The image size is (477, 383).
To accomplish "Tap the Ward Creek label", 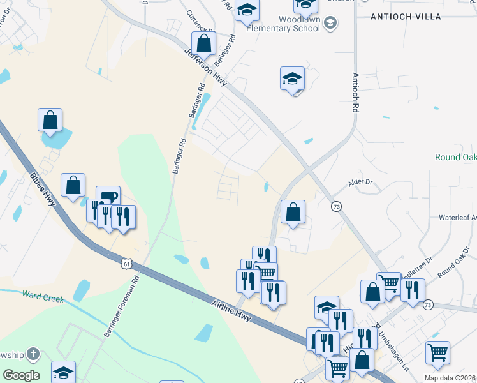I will [x=43, y=296].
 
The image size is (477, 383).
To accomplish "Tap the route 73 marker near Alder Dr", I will [x=335, y=206].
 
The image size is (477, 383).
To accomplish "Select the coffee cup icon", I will [x=108, y=196].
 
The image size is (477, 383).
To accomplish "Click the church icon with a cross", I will [x=33, y=354].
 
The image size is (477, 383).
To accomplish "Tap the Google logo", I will [x=21, y=375].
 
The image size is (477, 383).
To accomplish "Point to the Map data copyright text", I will [x=450, y=378].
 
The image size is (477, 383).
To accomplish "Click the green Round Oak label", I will [x=455, y=157].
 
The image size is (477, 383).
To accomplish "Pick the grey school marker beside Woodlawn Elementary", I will [x=330, y=24].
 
